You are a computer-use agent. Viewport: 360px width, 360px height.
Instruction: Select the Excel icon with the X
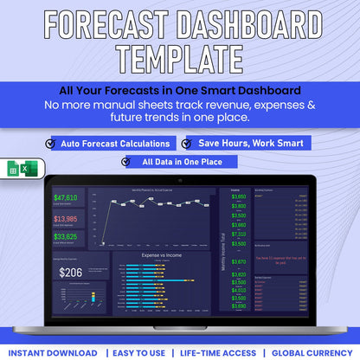pyautogui.click(x=28, y=170)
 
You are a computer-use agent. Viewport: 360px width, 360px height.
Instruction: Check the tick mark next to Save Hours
pyautogui.click(x=188, y=143)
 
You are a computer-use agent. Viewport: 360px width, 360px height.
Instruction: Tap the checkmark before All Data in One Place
pyautogui.click(x=126, y=161)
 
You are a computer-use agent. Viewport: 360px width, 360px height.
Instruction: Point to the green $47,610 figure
pyautogui.click(x=66, y=198)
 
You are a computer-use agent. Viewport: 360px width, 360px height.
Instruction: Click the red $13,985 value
pyautogui.click(x=66, y=218)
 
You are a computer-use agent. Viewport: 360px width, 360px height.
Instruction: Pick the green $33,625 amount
pyautogui.click(x=66, y=236)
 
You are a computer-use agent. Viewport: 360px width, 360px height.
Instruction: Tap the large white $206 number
pyautogui.click(x=70, y=273)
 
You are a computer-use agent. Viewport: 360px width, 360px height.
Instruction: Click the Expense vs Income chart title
pyautogui.click(x=162, y=257)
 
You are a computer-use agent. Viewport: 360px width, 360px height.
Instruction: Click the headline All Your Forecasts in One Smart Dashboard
pyautogui.click(x=179, y=90)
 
